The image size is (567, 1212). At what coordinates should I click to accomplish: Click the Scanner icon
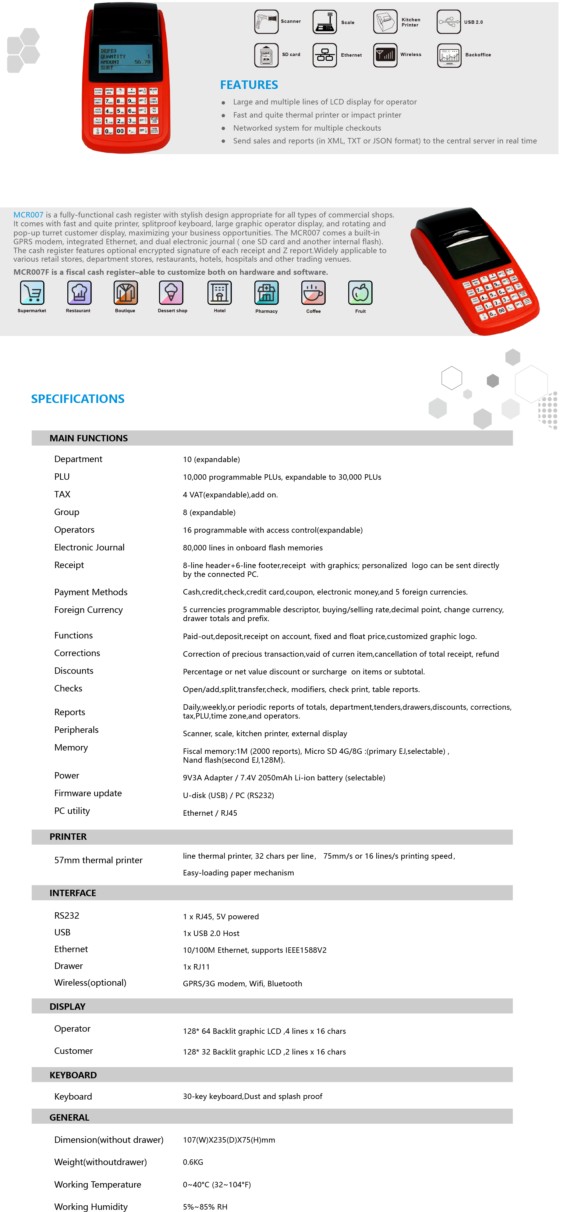coord(266,22)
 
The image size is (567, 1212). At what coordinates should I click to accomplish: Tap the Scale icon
coord(325,22)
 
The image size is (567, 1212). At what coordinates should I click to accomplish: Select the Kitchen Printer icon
coord(385,22)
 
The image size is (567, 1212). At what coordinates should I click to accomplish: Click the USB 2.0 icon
coord(448,22)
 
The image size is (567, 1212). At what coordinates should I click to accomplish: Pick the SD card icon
coord(266,55)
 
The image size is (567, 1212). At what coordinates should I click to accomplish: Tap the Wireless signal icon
coord(385,55)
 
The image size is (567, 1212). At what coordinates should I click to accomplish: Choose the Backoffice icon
coord(449,55)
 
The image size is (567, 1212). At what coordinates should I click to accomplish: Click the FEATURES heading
coord(249,85)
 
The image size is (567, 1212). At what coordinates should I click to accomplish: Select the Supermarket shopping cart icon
coord(32,293)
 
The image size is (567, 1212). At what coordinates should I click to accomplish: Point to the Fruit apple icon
coord(360,293)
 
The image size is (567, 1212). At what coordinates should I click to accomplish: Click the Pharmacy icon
coord(266,293)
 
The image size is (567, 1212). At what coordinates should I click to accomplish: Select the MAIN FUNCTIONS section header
coord(88,438)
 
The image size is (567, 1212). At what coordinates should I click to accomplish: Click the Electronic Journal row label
coord(89,547)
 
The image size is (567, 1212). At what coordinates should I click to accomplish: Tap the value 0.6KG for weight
coord(193,1162)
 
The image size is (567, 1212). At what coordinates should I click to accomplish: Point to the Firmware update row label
coord(88,793)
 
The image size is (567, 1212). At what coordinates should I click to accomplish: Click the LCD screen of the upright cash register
coord(126,59)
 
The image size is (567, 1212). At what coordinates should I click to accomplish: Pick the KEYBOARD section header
coord(73,1075)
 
